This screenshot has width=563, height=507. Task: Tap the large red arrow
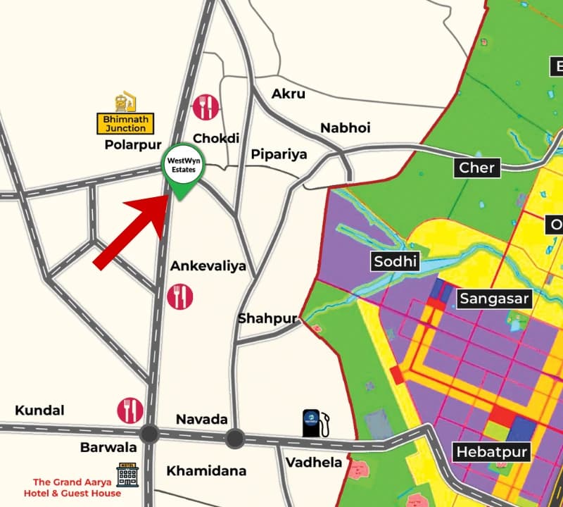(134, 230)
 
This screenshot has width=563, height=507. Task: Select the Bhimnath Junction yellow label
(125, 124)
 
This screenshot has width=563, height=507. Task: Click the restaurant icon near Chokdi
(205, 107)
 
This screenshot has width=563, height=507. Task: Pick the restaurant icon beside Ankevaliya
(180, 296)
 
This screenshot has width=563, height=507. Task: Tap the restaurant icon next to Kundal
(130, 410)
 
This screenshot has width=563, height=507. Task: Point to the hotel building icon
(127, 476)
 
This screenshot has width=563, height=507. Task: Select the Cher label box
(477, 168)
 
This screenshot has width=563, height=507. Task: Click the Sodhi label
(395, 263)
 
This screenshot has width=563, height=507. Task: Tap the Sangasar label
(494, 299)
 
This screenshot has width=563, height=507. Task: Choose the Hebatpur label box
(491, 452)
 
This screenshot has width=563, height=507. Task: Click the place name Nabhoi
(346, 128)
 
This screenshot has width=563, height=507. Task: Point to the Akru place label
(289, 94)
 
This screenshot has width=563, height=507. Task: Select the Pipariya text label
(279, 154)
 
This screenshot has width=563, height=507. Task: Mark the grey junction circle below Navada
(234, 439)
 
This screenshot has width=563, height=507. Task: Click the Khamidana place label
(206, 471)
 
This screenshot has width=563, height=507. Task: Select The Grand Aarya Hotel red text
(68, 488)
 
